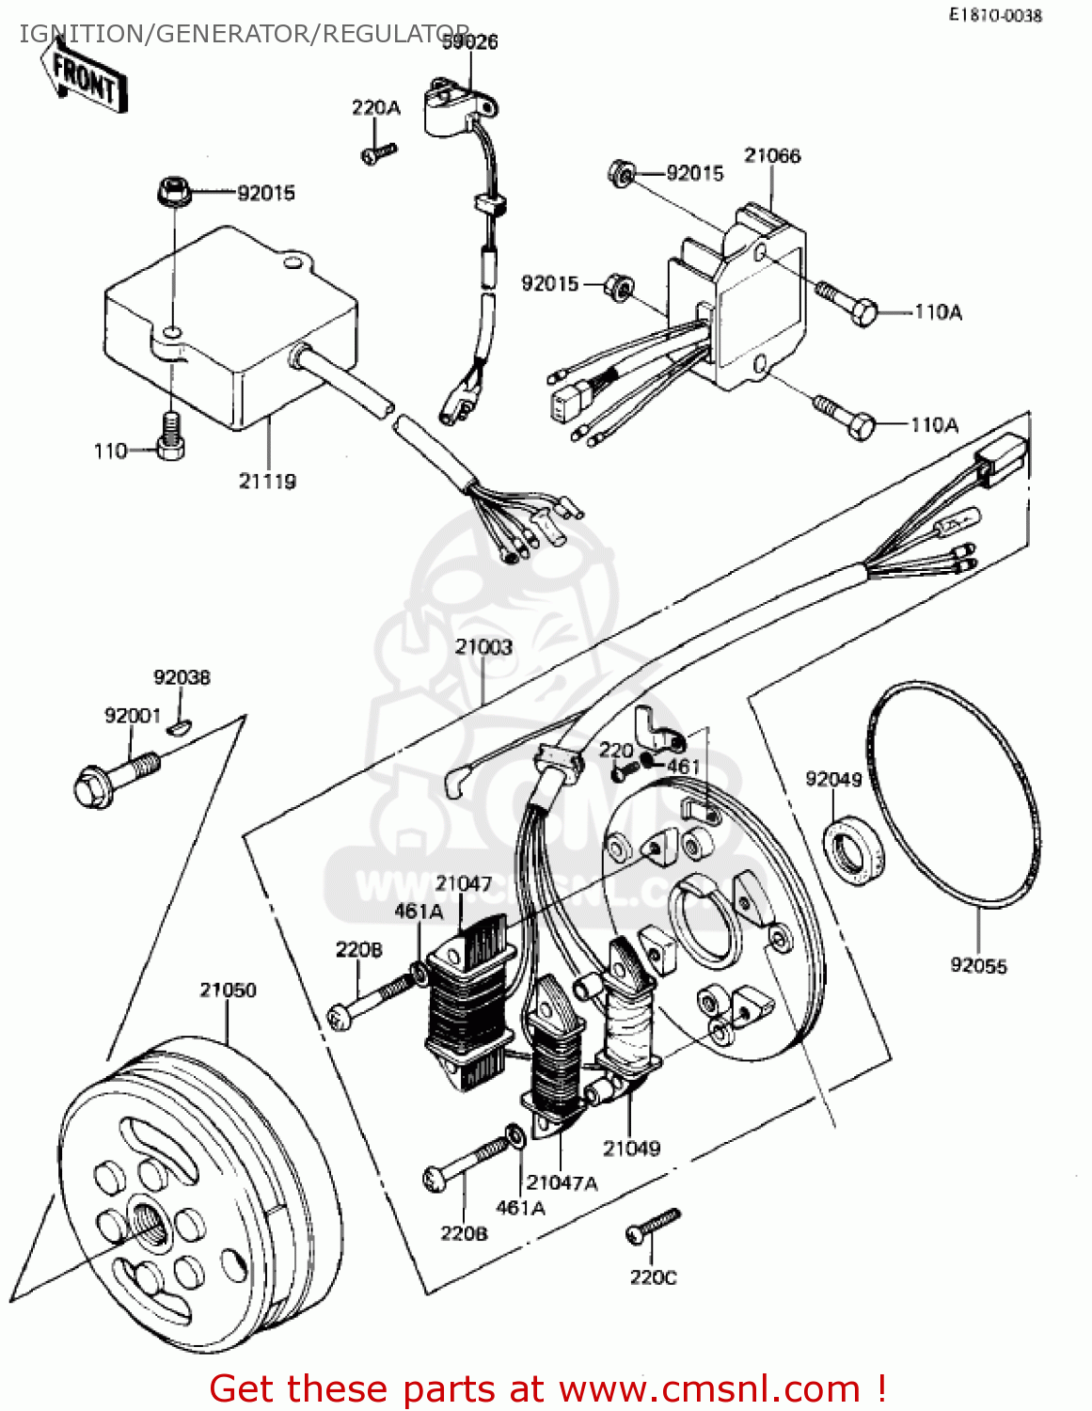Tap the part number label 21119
267,481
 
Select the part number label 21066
772,155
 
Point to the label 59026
470,42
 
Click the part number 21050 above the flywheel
228,990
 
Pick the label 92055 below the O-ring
978,965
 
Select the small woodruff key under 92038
179,724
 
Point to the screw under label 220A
378,152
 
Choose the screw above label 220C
653,1226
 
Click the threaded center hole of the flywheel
148,1222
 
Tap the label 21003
483,647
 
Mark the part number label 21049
631,1148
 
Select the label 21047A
562,1182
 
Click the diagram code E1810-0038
995,15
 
